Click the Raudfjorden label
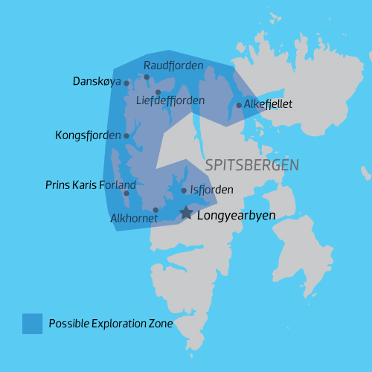[x=173, y=65]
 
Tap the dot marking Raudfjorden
[x=147, y=77]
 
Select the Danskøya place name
[x=97, y=80]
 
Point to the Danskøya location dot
[x=126, y=83]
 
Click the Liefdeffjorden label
[x=170, y=100]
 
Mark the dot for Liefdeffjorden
[x=158, y=92]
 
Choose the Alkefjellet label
[x=269, y=104]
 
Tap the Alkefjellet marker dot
[x=239, y=105]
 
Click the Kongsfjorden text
[x=87, y=135]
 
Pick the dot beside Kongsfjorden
[x=126, y=135]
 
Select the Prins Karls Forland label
[x=90, y=185]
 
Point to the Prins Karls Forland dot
[x=126, y=193]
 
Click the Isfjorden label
[x=212, y=190]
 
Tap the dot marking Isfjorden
[x=184, y=190]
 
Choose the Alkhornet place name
[x=133, y=219]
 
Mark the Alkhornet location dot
[x=155, y=210]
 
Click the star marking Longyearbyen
[x=186, y=213]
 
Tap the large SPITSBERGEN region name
[x=251, y=164]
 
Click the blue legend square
[x=32, y=323]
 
